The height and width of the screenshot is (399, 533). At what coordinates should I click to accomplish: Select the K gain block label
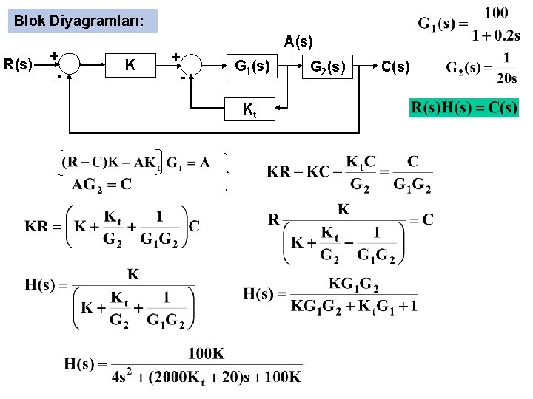(x=130, y=66)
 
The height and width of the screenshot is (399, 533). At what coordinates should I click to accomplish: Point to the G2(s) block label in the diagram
(x=327, y=66)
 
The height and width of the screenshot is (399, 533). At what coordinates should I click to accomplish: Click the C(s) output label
(x=395, y=67)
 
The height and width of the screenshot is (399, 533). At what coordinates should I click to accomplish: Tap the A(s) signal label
(x=298, y=42)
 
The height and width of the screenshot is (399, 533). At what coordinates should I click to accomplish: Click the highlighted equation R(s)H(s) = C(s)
(x=464, y=109)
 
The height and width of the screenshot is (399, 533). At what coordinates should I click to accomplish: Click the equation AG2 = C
(x=101, y=184)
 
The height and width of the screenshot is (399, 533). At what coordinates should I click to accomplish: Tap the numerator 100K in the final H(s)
(x=206, y=354)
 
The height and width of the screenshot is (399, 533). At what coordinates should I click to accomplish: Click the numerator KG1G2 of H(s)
(x=355, y=283)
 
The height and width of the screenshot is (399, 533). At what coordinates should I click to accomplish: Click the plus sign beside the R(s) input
(x=54, y=55)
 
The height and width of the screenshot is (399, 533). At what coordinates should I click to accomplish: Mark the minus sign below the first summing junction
(x=58, y=75)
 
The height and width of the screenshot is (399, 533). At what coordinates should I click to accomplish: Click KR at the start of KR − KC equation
(x=278, y=172)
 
